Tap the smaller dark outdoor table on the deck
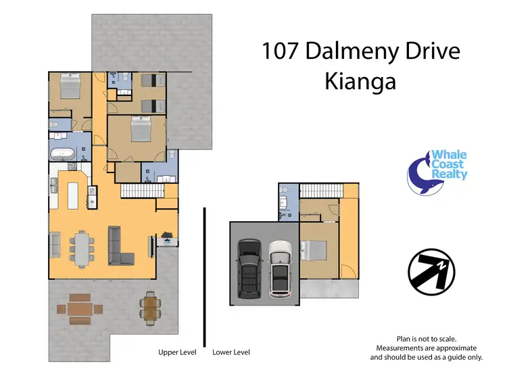(x=149, y=307)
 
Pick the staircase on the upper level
(x=139, y=191)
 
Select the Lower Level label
(x=231, y=352)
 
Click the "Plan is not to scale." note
(x=427, y=338)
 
